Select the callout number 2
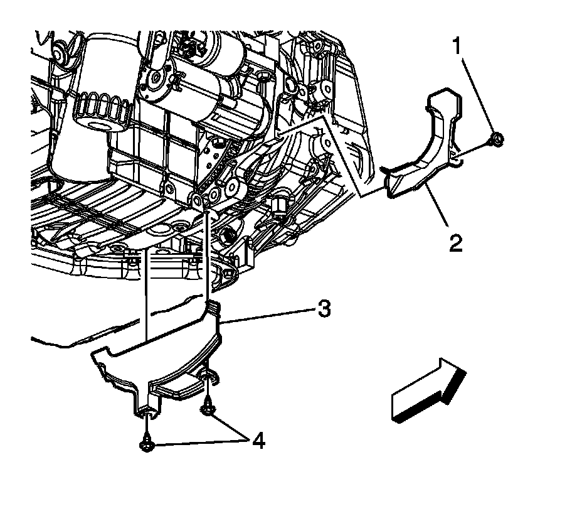[456, 241]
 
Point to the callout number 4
[258, 441]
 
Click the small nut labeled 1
[497, 139]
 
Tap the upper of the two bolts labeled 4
[207, 410]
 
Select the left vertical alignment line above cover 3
[146, 295]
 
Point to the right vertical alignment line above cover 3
[207, 257]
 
